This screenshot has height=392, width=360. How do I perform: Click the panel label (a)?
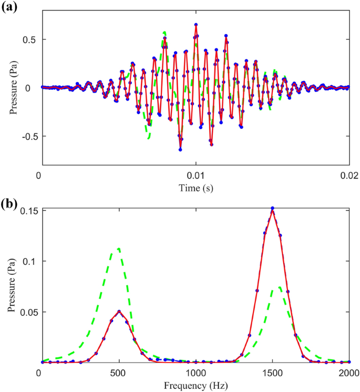(9, 7)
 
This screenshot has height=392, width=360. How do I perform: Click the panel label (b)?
(9, 202)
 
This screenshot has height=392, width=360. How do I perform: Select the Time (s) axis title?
(196, 187)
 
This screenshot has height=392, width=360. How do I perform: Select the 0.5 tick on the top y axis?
(29, 39)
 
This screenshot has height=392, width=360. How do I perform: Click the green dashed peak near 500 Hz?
(119, 249)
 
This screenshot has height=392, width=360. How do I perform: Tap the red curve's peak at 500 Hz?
(119, 311)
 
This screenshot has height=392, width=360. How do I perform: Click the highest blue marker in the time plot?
(196, 25)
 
